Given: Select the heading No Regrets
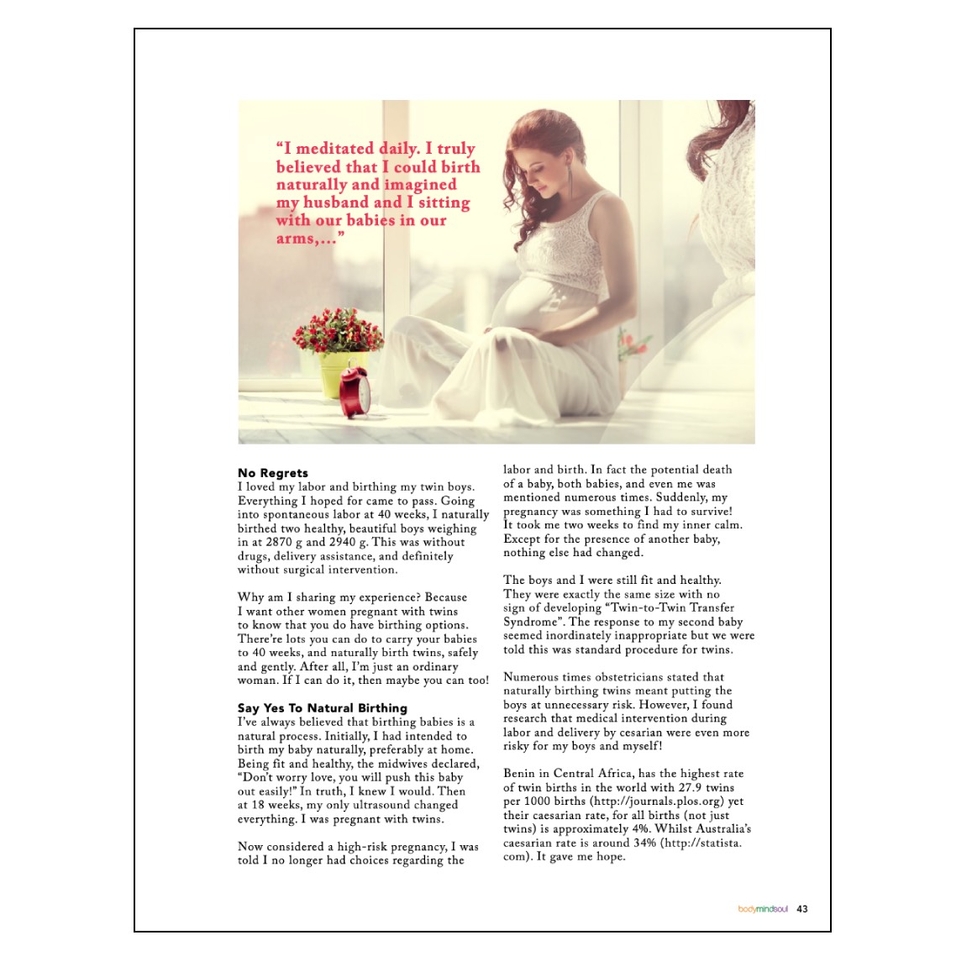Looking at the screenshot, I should click(272, 473).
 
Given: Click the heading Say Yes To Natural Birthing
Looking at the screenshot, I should click(322, 708).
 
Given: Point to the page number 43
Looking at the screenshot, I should click(802, 909).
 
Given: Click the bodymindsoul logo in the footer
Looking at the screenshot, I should click(763, 909).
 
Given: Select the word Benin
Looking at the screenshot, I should click(520, 774).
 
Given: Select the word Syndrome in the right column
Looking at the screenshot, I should click(530, 622).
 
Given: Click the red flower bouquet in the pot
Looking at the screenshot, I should click(337, 330).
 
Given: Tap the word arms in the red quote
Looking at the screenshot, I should click(295, 239).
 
